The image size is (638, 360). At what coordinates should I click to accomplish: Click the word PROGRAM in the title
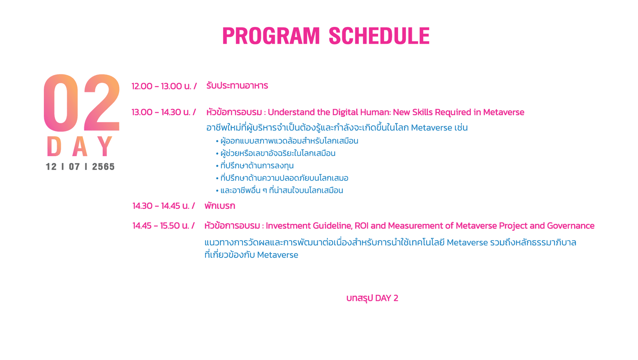tap(271, 36)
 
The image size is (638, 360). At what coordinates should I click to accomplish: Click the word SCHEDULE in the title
tap(379, 36)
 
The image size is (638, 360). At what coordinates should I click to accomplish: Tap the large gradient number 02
tap(82, 103)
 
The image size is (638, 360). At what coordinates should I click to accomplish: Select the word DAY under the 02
tap(80, 146)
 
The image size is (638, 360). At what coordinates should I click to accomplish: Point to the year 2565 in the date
tap(103, 167)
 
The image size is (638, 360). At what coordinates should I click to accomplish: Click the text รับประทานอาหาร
tap(237, 86)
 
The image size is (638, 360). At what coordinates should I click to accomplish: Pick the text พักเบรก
tap(220, 206)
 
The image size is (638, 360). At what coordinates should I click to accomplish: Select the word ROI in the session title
tap(362, 226)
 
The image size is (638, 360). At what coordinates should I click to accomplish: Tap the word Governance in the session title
tap(571, 226)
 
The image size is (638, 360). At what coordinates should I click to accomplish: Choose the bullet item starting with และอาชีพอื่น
tap(282, 190)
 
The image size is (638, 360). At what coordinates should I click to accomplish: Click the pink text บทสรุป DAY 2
tap(372, 298)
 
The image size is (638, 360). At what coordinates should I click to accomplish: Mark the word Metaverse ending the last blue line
tap(278, 255)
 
